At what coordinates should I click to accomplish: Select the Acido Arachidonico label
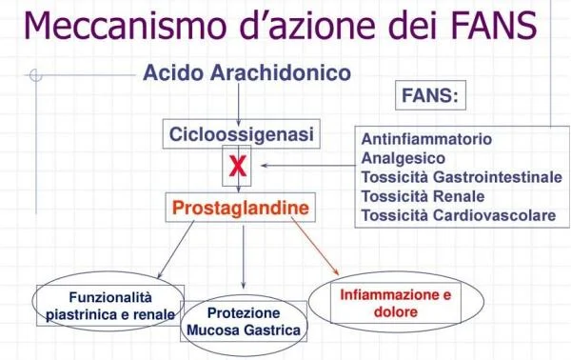[x=246, y=72]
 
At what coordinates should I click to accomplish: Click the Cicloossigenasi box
[x=240, y=135]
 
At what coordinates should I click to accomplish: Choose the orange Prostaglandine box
[x=240, y=207]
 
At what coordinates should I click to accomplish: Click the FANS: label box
[x=430, y=96]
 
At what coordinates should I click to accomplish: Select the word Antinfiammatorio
[x=426, y=139]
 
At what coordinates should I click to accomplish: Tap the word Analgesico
[x=403, y=158]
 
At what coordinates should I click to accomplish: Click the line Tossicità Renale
[x=423, y=196]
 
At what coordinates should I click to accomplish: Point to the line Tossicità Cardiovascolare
[x=458, y=215]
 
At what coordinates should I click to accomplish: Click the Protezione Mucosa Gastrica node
[x=244, y=322]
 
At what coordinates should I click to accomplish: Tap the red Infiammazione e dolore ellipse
[x=395, y=303]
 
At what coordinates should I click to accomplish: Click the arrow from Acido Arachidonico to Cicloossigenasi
[x=241, y=103]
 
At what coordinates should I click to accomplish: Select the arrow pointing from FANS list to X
[x=305, y=168]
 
